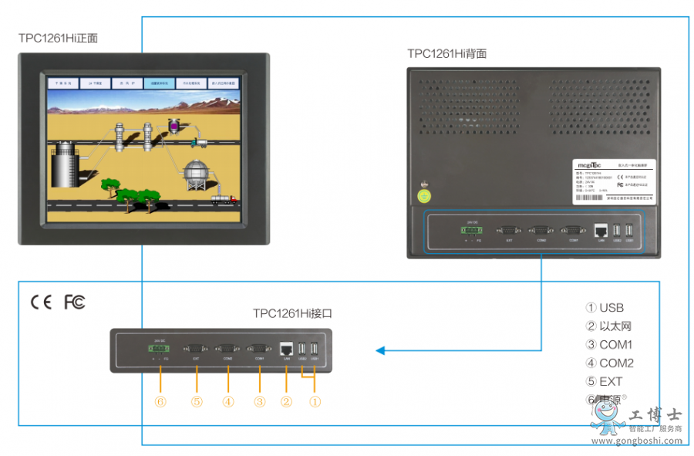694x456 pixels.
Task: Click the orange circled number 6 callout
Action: tap(160, 401)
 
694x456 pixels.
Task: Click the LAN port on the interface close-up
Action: tap(286, 348)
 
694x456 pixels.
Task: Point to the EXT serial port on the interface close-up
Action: tap(197, 348)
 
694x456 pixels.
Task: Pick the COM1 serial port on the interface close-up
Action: tap(259, 348)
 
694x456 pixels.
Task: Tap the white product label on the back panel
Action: tap(614, 181)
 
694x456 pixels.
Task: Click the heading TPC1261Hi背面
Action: tap(446, 54)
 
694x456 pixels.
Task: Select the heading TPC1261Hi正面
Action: tap(59, 38)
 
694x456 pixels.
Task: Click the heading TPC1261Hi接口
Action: tap(292, 313)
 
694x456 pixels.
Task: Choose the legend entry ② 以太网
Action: tap(608, 326)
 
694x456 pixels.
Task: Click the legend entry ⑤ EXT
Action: tap(604, 381)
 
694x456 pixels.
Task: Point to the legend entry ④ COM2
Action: tap(608, 363)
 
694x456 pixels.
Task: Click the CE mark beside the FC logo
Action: tap(41, 302)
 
